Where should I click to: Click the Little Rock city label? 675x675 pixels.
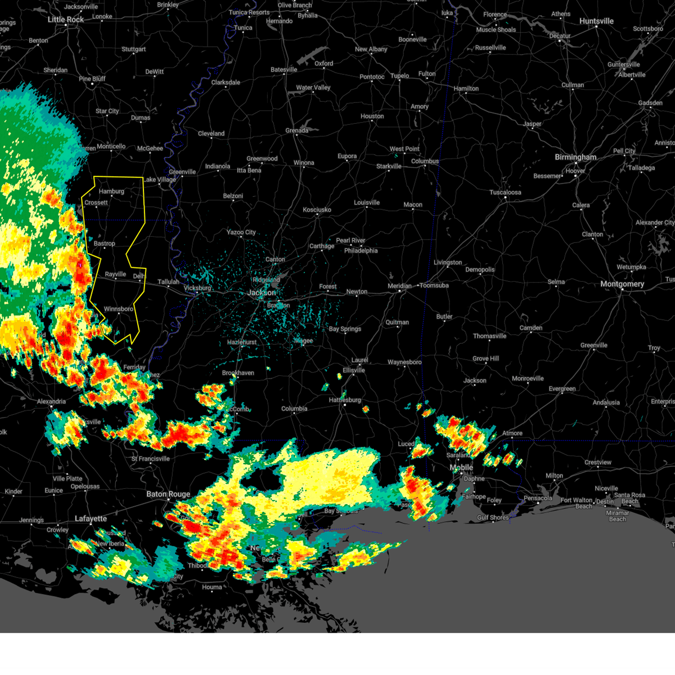tap(66, 20)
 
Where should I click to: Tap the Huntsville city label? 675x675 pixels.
tap(596, 21)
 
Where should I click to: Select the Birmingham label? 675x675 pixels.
tap(575, 157)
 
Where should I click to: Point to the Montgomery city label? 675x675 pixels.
tap(622, 284)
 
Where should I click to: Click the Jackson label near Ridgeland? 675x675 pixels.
tap(262, 292)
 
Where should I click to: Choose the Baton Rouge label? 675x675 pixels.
tap(168, 494)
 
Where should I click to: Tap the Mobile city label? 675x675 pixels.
tap(461, 468)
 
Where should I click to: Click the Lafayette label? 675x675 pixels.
tap(91, 519)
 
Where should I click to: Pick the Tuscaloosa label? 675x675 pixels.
tap(505, 192)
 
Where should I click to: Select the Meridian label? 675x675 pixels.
tap(399, 286)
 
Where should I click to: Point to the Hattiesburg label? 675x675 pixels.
tap(345, 400)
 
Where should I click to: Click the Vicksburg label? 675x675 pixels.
tap(197, 288)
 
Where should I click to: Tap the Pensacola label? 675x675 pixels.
tap(538, 498)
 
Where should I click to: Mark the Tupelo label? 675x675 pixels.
tap(400, 76)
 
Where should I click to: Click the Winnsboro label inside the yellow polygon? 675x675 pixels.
tap(119, 309)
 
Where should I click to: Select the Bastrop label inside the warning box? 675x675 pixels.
tap(105, 244)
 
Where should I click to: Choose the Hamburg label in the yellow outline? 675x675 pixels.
tap(111, 191)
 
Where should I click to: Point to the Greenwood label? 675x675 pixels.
tap(262, 159)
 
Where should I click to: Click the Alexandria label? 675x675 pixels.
tap(51, 402)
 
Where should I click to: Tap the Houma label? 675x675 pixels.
tap(212, 587)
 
